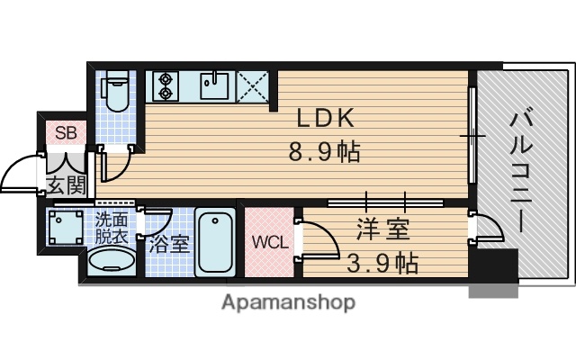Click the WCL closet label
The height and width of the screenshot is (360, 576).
click(x=267, y=242)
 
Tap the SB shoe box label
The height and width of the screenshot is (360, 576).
click(x=67, y=133)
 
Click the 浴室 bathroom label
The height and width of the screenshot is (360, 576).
click(x=169, y=243)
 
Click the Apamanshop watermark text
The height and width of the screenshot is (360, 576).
click(x=288, y=301)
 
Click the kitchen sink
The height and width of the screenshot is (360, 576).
click(x=214, y=86)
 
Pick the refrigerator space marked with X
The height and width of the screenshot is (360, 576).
click(x=256, y=86)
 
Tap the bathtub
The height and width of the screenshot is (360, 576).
click(x=214, y=242)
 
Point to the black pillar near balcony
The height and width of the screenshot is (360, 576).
click(x=494, y=267)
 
